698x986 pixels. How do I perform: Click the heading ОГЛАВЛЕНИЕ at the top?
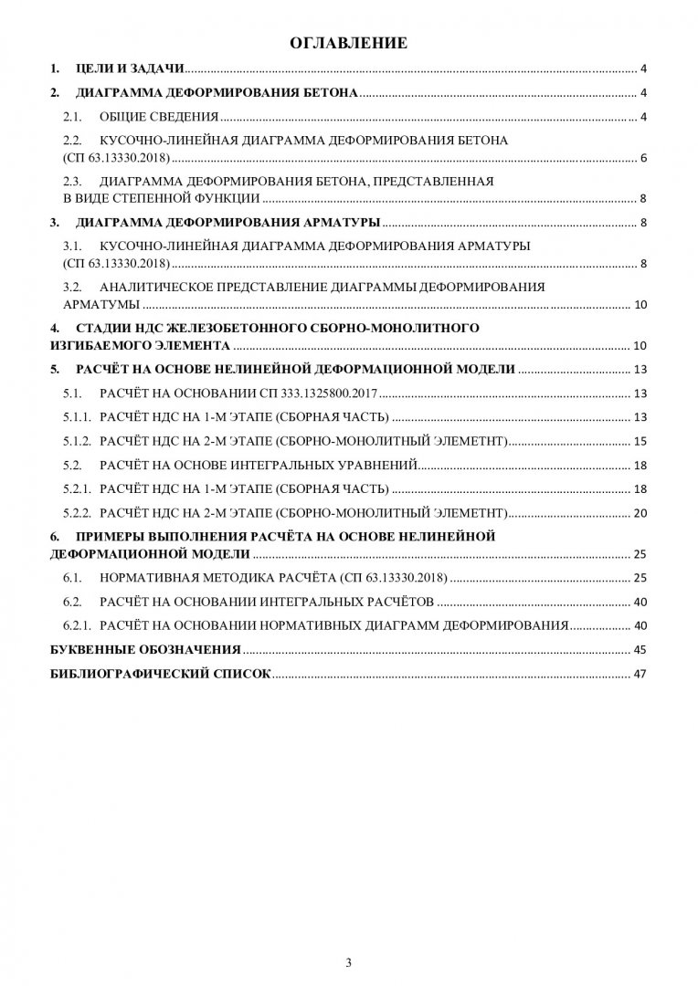coord(348,43)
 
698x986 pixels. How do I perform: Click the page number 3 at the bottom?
coord(348,962)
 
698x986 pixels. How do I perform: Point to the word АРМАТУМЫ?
coord(101,305)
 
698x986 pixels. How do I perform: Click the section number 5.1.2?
coord(78,441)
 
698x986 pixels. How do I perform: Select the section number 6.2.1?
coord(78,626)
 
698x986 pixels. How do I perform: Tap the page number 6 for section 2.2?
coord(644,159)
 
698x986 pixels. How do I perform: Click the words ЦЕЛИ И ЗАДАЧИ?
coord(132,69)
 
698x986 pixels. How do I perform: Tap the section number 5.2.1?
coord(78,488)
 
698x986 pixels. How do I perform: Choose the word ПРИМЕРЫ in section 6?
coord(116,536)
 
